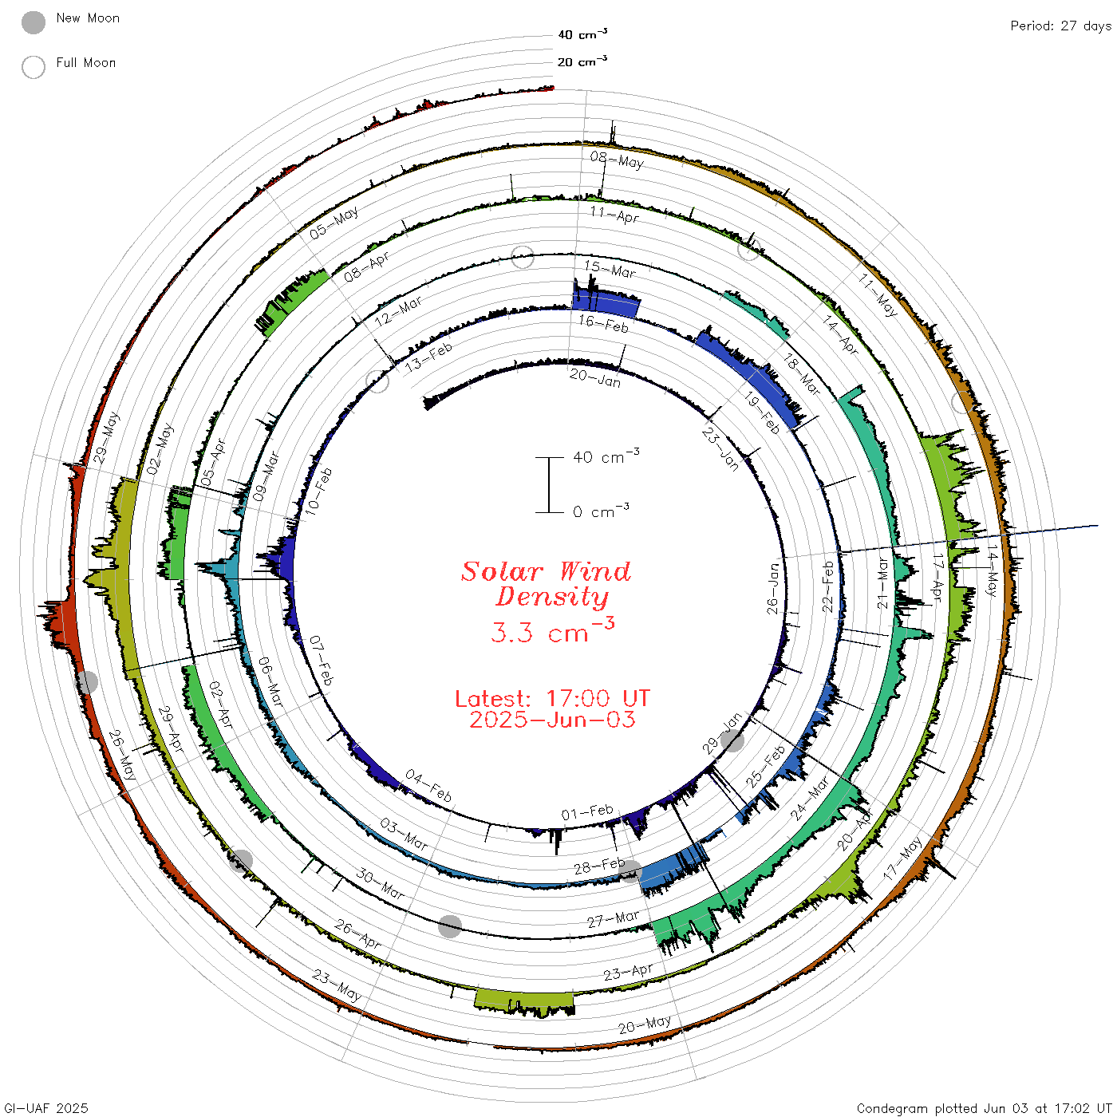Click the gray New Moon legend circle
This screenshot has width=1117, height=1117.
coord(33,22)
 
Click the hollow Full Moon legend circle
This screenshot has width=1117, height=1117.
coord(33,67)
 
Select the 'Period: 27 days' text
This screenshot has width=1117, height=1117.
coord(1060,26)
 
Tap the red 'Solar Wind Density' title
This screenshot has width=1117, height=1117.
coord(546,584)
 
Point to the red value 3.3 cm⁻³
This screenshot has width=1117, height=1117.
coord(552,630)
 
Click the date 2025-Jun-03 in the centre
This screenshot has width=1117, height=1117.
coord(552,720)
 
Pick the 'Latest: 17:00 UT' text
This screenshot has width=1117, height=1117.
coord(552,698)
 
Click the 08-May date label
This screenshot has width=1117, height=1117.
coord(617,160)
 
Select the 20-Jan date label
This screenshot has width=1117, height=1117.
coord(594,377)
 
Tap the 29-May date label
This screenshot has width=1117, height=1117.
coord(106,438)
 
